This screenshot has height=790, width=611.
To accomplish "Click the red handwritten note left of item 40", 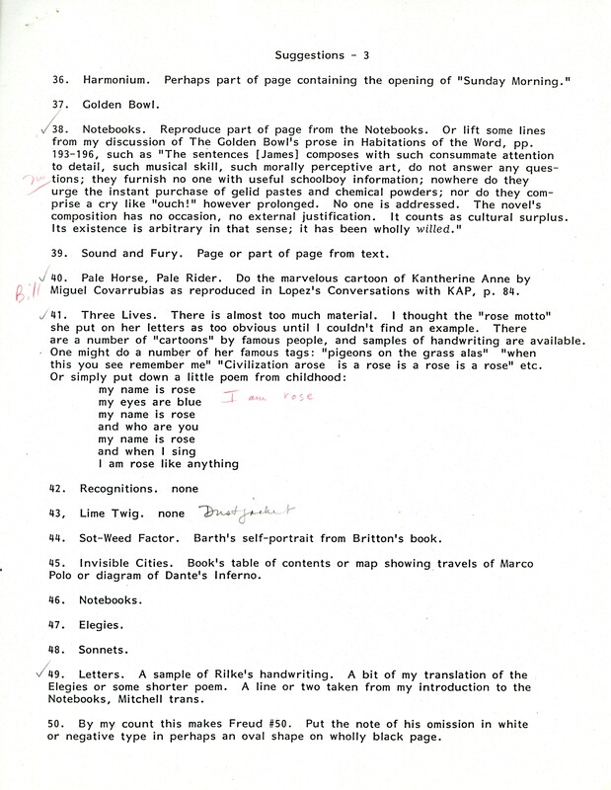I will pos(24,292).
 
